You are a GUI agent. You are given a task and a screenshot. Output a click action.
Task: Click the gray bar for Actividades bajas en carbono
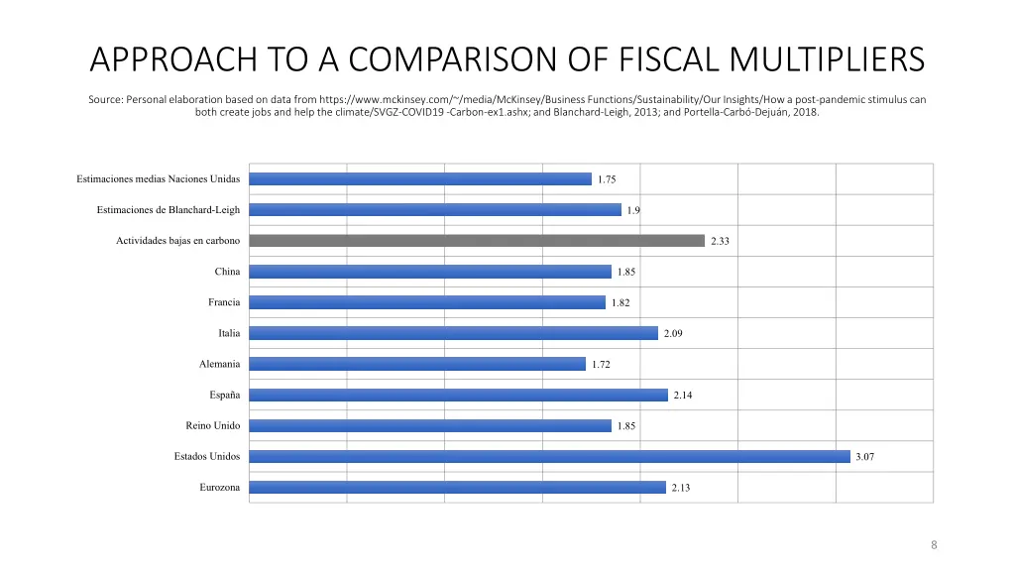[x=476, y=241]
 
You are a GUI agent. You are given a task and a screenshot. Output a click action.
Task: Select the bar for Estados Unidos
[x=549, y=457]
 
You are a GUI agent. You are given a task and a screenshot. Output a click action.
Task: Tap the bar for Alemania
[x=417, y=364]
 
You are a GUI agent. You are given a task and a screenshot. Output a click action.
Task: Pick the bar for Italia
[x=453, y=333]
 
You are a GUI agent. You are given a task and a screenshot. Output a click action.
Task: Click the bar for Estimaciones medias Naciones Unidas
[x=420, y=179]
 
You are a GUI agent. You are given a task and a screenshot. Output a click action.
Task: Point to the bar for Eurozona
[x=457, y=488]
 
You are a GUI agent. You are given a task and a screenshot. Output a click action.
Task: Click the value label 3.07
[x=864, y=457]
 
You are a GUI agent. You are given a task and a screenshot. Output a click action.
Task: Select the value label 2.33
[x=720, y=241]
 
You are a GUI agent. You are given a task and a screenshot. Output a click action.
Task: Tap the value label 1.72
[x=601, y=365]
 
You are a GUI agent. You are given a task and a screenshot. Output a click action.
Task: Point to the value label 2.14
[x=683, y=396]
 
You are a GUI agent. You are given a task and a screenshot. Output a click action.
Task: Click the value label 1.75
[x=607, y=179]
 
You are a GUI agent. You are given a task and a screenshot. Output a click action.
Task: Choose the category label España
[x=225, y=395]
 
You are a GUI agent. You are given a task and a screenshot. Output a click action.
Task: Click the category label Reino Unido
[x=212, y=425]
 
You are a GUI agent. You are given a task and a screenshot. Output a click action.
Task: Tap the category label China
[x=227, y=272]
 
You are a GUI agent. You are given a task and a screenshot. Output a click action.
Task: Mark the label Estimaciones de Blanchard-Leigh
[x=168, y=210]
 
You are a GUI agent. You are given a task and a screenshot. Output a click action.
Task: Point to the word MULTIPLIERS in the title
[x=828, y=59]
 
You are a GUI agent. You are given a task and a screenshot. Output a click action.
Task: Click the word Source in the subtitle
[x=105, y=99]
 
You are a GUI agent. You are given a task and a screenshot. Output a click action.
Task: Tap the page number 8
[x=934, y=545]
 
